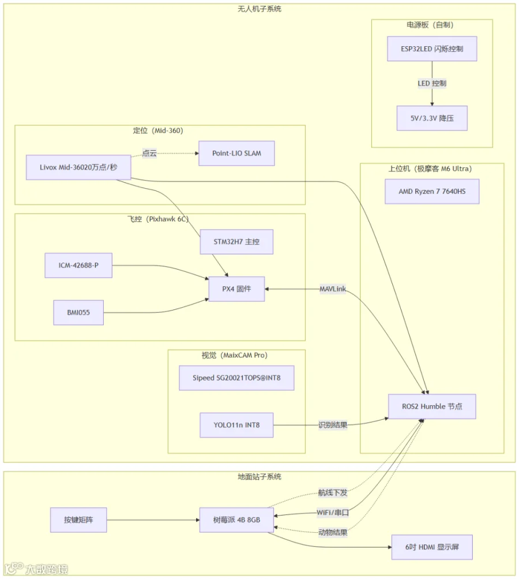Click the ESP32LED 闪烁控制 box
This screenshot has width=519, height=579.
(432, 48)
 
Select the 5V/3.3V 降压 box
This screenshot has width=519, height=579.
(432, 118)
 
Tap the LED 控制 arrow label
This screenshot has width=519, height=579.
(432, 84)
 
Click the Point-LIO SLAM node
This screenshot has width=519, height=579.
(236, 153)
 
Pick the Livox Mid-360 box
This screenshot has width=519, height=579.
(78, 167)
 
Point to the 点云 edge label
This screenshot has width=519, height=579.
(149, 153)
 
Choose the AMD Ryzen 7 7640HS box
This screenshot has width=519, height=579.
(432, 191)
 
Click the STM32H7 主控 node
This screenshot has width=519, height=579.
(236, 242)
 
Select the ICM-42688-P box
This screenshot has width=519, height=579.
(78, 265)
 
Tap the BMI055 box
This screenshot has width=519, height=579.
(78, 312)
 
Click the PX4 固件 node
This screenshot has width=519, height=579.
(236, 289)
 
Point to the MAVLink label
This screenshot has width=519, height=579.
(333, 289)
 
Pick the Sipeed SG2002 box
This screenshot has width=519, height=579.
(236, 378)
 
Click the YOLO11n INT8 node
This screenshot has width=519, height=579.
(236, 425)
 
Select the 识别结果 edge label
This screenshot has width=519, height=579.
(333, 425)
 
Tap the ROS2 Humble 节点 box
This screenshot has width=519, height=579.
(432, 406)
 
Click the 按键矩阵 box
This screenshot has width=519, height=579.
(78, 520)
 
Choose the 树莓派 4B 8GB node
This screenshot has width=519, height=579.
(236, 520)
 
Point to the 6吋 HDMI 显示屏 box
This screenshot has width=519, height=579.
(432, 547)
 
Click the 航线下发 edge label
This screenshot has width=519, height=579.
(333, 492)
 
